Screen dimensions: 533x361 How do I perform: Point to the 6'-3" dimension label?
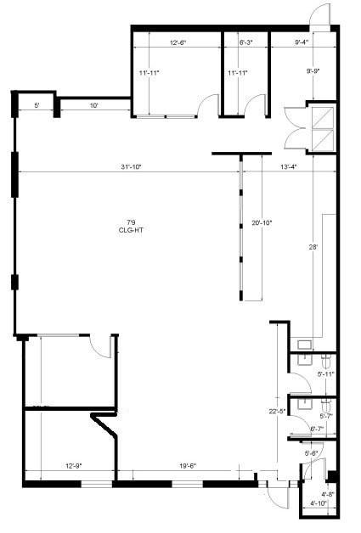pyautogui.click(x=246, y=42)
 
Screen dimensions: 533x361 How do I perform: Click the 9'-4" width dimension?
pyautogui.click(x=302, y=42)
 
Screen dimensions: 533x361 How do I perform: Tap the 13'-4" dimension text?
pyautogui.click(x=289, y=167)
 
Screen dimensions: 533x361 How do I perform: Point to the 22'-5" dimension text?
pyautogui.click(x=274, y=412)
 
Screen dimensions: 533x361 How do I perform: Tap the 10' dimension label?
pyautogui.click(x=93, y=105)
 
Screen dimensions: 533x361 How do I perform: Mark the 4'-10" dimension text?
pyautogui.click(x=319, y=504)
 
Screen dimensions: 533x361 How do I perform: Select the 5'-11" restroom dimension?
pyautogui.click(x=325, y=374)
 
